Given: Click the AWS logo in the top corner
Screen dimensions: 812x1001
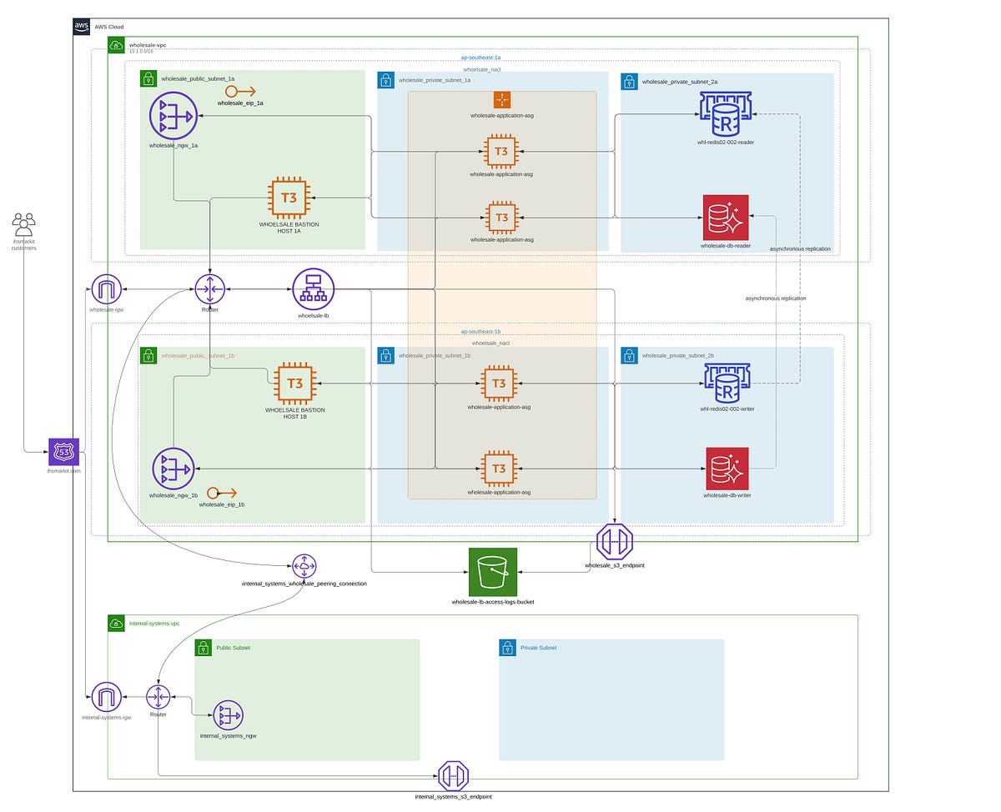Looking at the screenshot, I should (x=82, y=27).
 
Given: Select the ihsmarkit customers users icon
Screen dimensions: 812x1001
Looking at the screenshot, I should (x=23, y=224).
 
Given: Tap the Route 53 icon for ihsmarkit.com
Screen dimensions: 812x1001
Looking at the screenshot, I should (x=63, y=453).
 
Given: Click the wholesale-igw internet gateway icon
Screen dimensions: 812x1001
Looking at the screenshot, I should (x=107, y=289).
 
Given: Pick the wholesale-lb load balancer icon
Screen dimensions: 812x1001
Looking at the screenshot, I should (x=313, y=289).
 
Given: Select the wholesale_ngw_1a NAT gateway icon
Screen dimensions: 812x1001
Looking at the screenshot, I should (x=174, y=115).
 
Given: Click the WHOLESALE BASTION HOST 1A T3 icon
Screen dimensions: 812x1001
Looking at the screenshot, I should (x=289, y=198).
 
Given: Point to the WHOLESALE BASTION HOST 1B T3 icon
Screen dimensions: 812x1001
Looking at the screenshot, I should (x=294, y=383).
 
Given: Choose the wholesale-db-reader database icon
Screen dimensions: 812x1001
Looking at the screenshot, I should (x=726, y=218).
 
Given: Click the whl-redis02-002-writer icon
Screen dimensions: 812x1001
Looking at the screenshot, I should (x=727, y=383).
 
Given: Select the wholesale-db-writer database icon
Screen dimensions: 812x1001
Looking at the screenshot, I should (x=727, y=469).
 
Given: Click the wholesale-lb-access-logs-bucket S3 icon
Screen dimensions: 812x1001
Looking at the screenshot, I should (x=492, y=572).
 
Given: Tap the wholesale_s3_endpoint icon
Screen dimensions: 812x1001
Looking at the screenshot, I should (x=615, y=542).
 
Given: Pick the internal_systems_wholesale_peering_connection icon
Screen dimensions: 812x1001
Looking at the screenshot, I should (x=304, y=566).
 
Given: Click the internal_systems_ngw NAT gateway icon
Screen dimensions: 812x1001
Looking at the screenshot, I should (x=228, y=714).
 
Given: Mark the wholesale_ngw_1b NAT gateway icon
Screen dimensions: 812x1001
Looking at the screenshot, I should (x=174, y=469).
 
